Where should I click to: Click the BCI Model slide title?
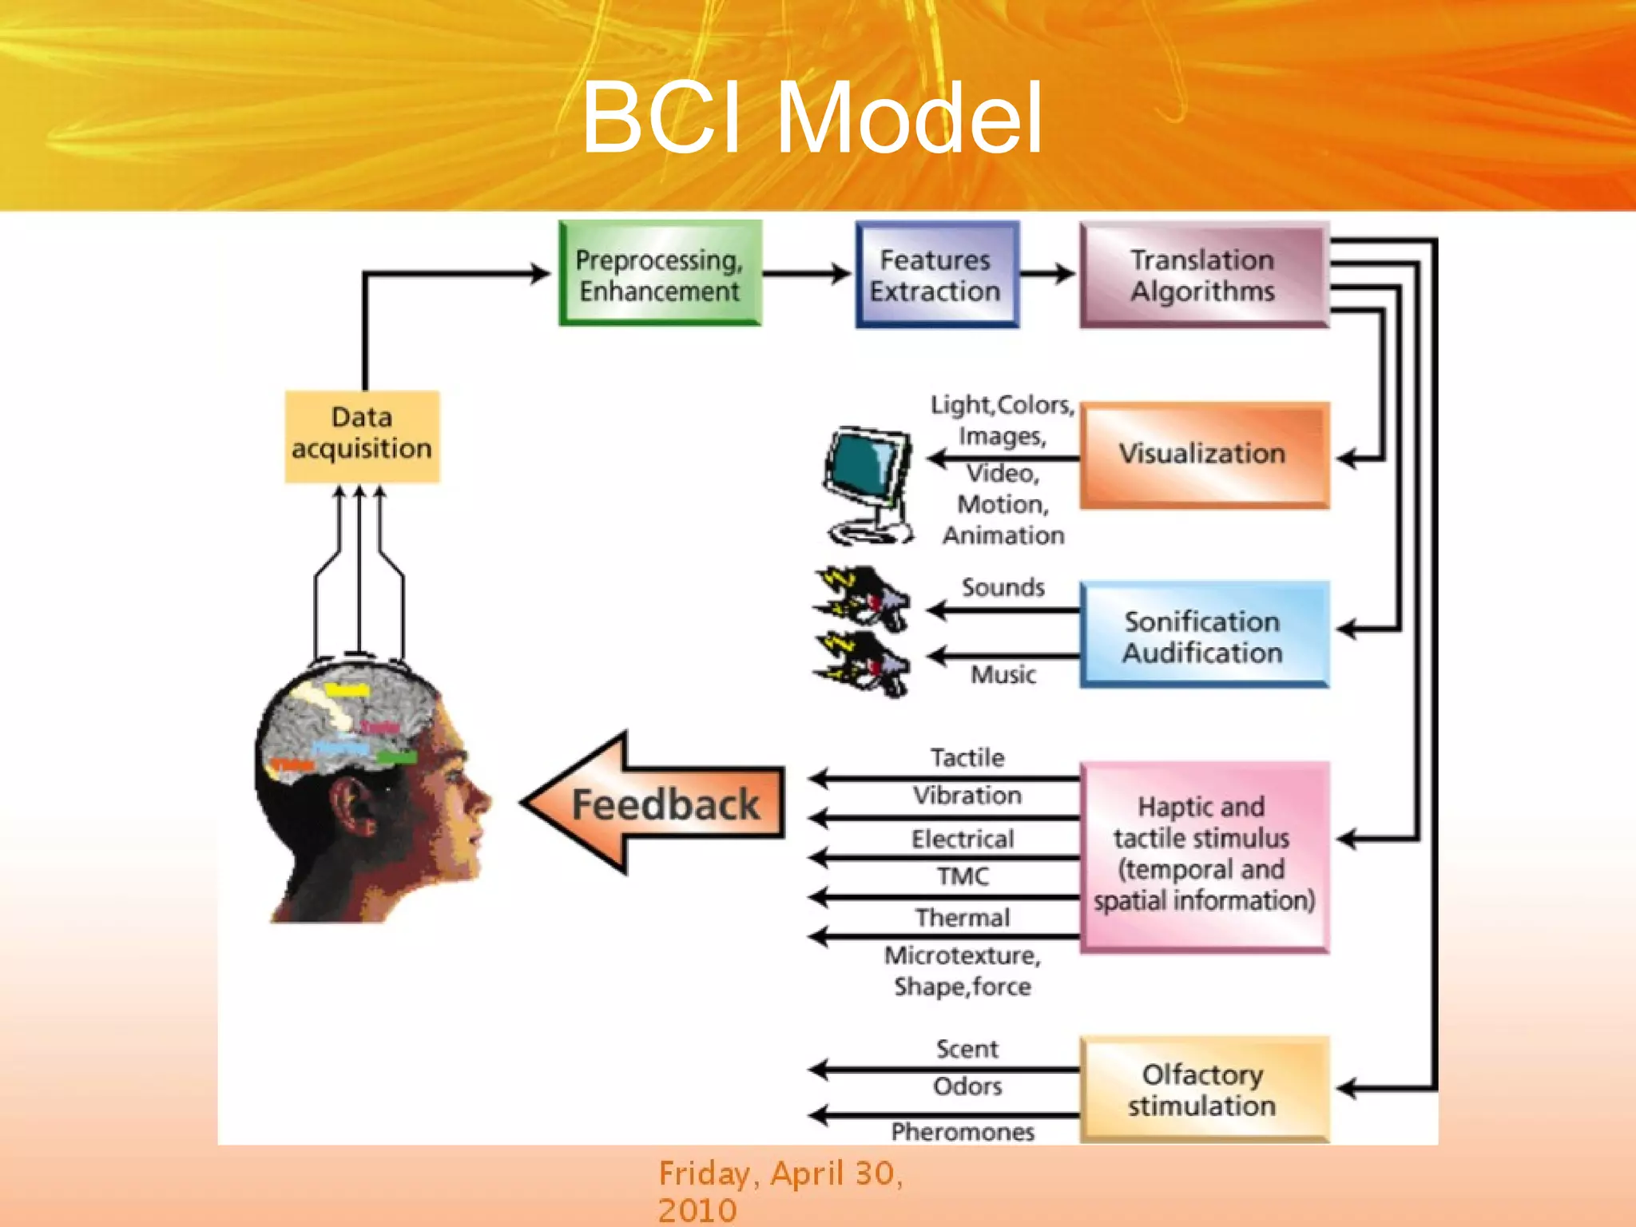click(x=812, y=118)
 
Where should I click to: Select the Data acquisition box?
click(x=362, y=435)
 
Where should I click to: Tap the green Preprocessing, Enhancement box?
click(x=660, y=274)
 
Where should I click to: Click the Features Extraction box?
click(x=936, y=274)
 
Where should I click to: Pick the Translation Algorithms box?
click(x=1203, y=274)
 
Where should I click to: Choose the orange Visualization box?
click(x=1203, y=454)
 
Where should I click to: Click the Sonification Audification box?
click(x=1203, y=636)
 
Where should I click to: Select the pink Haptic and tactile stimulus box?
click(x=1203, y=855)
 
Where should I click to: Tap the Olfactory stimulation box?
click(x=1203, y=1089)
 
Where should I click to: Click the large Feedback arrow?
click(x=655, y=804)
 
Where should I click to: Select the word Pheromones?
click(x=963, y=1131)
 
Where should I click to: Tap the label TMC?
click(x=963, y=876)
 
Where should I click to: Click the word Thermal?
click(x=963, y=917)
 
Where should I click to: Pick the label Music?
click(x=1003, y=675)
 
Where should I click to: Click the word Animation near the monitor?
click(x=1003, y=535)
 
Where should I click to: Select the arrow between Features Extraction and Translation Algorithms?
click(x=1047, y=274)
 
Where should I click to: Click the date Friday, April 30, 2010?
click(x=780, y=1190)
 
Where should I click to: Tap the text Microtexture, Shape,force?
click(x=963, y=971)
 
